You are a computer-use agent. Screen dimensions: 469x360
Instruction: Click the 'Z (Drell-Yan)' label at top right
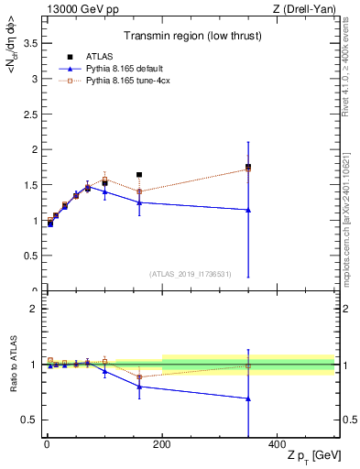[304, 10]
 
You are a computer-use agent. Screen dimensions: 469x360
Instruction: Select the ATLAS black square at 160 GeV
[139, 174]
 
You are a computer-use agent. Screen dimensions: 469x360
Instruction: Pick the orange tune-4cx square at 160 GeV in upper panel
[139, 191]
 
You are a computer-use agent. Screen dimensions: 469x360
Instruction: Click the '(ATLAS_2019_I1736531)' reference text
[190, 273]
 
